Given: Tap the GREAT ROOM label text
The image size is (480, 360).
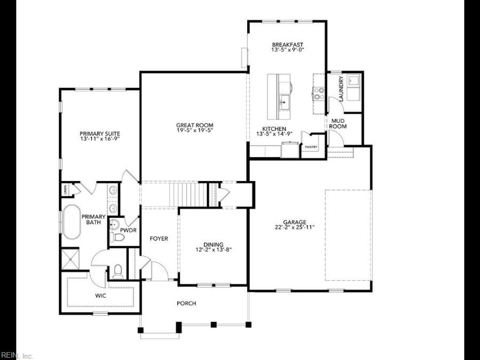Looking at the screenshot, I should pyautogui.click(x=195, y=125).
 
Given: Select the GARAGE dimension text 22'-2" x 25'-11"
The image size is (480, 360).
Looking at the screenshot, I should pyautogui.click(x=294, y=227).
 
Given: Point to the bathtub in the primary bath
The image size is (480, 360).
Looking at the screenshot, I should pyautogui.click(x=72, y=222).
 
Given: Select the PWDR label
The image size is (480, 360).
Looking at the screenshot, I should pyautogui.click(x=128, y=231).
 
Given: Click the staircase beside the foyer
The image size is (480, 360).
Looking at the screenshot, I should pyautogui.click(x=187, y=194).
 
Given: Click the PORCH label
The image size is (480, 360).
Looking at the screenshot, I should pyautogui.click(x=186, y=303).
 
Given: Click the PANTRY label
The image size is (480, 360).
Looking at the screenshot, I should pyautogui.click(x=311, y=147).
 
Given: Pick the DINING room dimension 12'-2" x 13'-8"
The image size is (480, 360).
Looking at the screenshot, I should pyautogui.click(x=213, y=250).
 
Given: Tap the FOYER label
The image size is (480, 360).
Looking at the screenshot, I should pyautogui.click(x=158, y=239).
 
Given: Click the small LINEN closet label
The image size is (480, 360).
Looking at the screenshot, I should pyautogui.click(x=65, y=190).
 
